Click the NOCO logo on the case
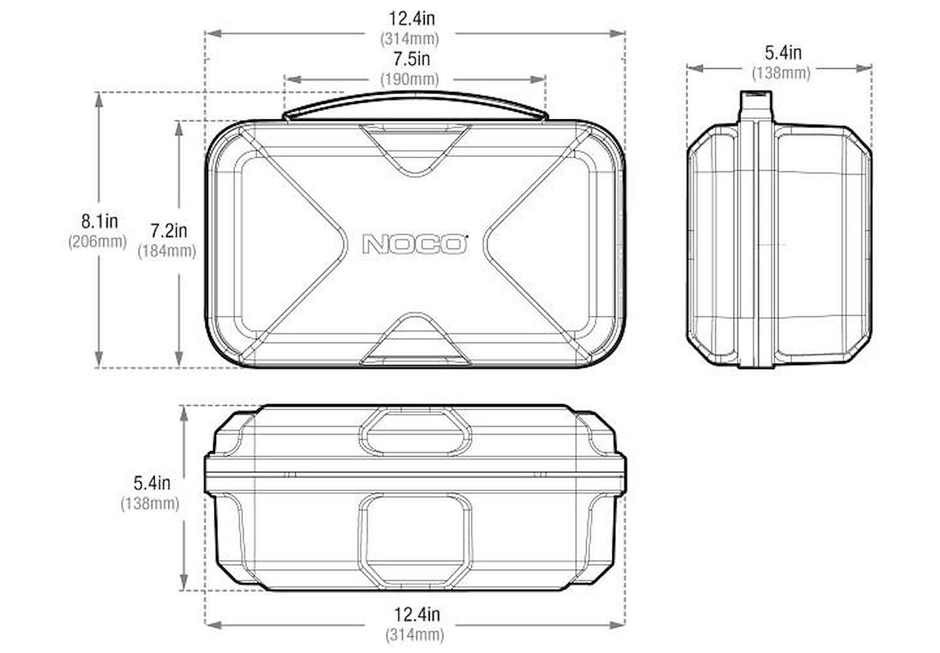point(415,244)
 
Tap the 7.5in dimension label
point(412,59)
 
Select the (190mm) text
point(410,79)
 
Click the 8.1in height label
point(100,221)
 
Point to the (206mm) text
point(97,242)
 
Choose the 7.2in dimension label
point(169,231)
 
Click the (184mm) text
point(167,251)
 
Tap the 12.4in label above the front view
point(412,18)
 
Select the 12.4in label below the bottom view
point(417,615)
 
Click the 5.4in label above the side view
point(783,53)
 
